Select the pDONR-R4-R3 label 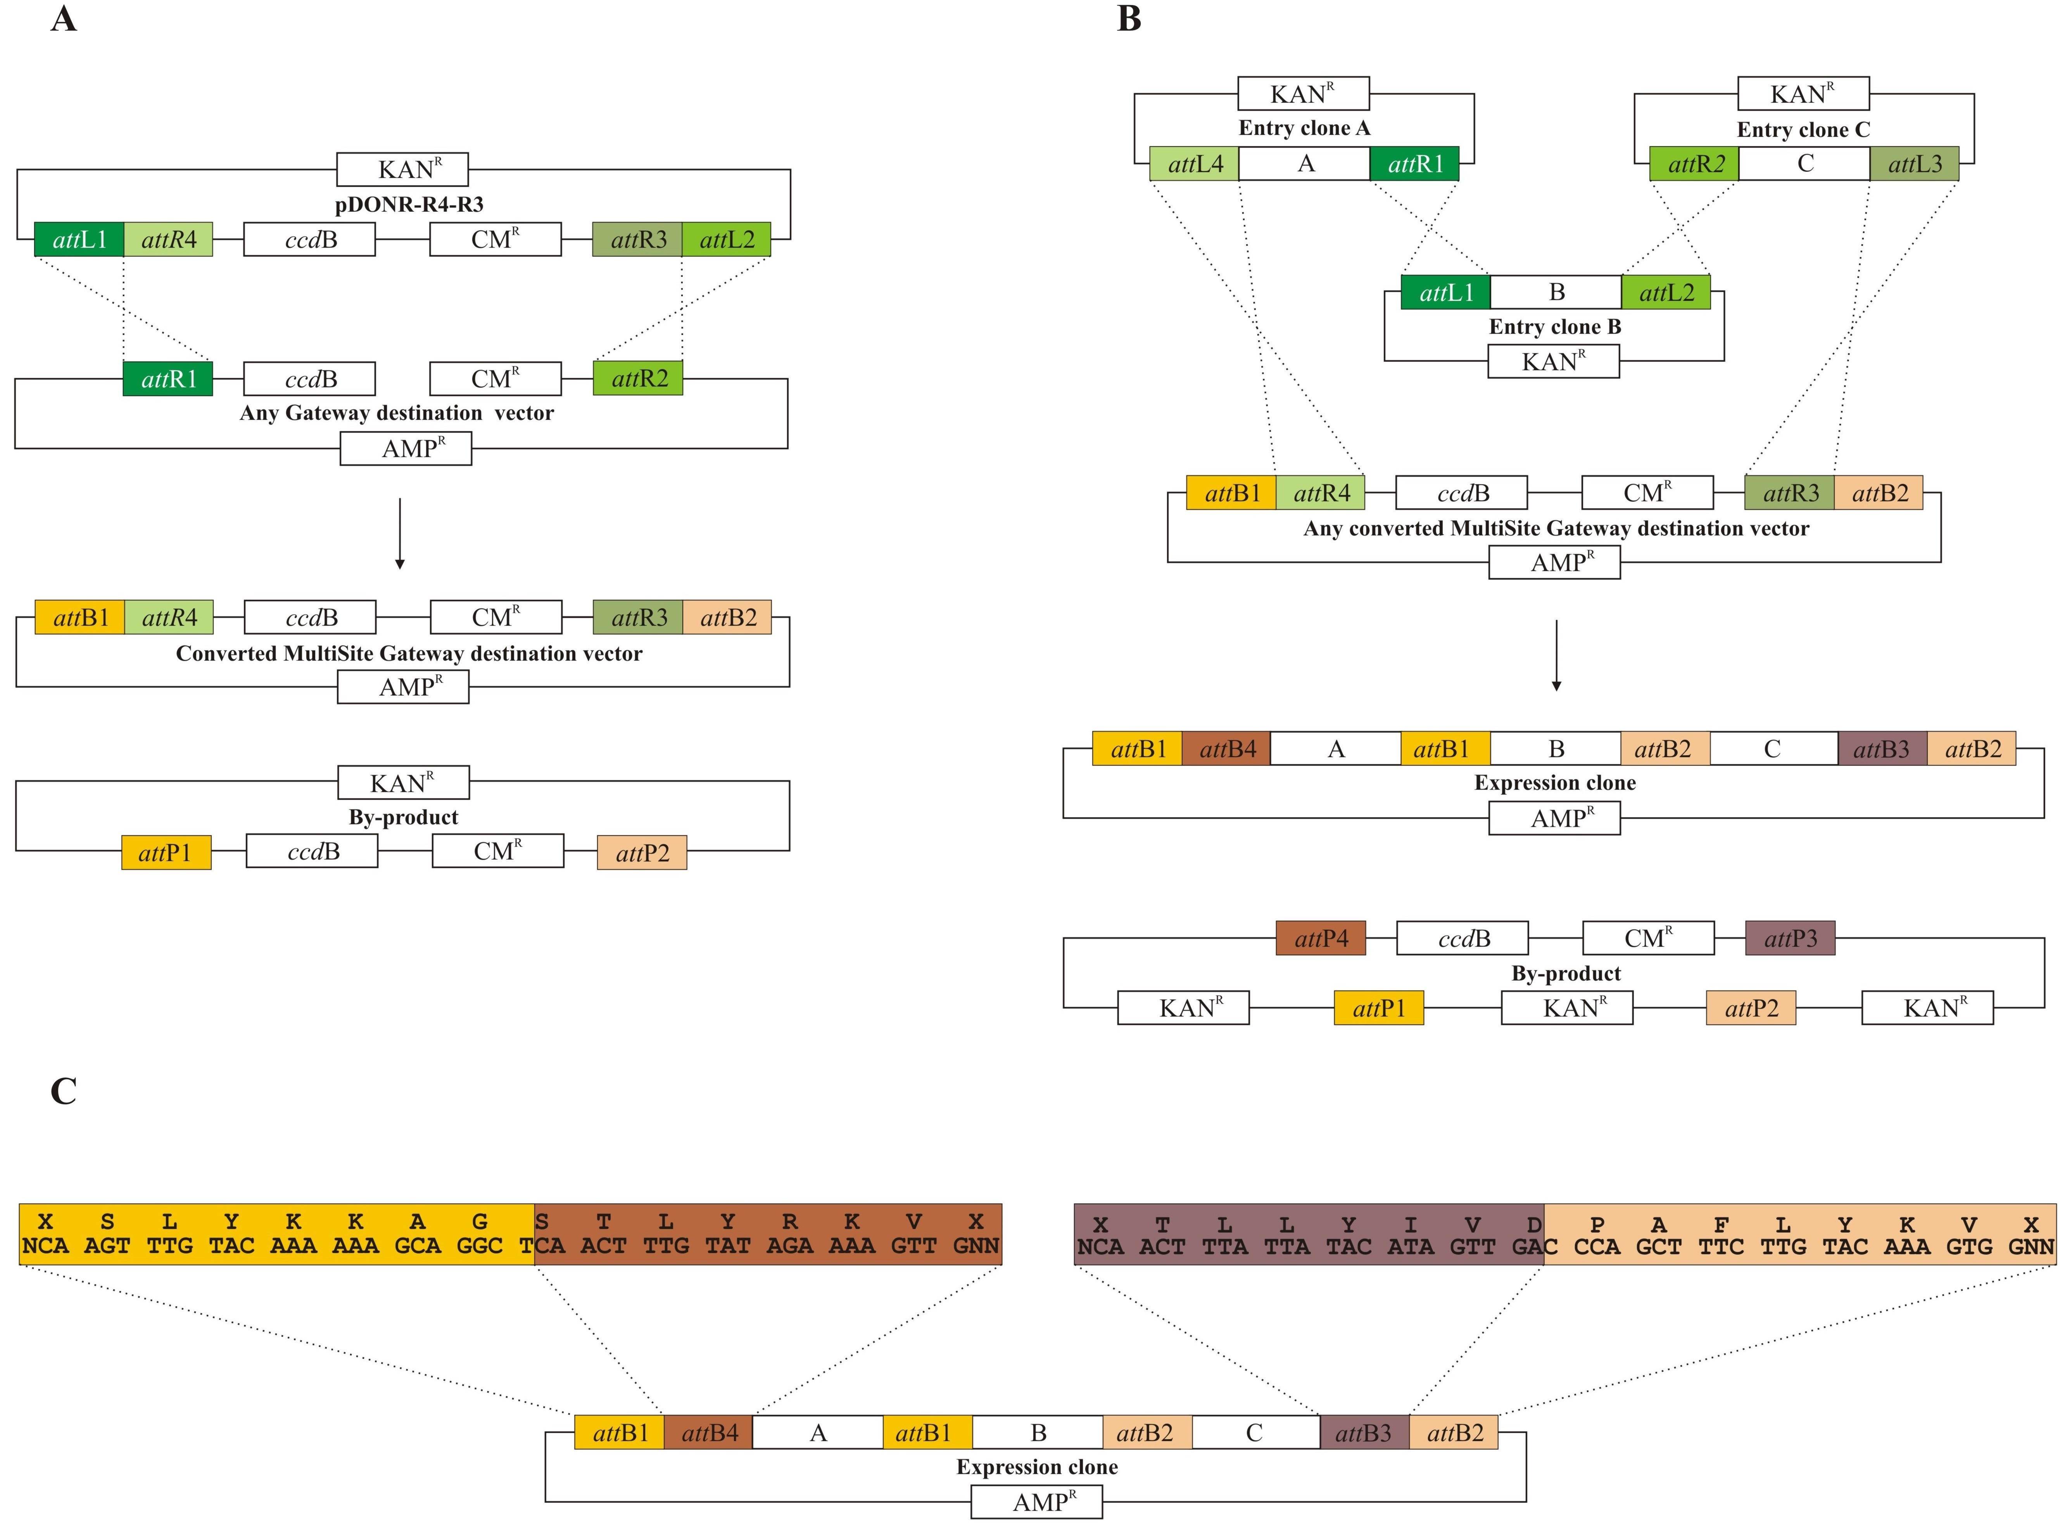click(409, 204)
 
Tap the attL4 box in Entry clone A click(1194, 164)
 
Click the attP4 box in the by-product click(1321, 939)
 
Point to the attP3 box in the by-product click(1790, 939)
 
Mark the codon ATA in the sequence click(1411, 1247)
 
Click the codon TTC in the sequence click(1721, 1247)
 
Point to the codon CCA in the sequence click(1597, 1247)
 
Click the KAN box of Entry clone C click(1803, 93)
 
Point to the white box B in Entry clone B click(1556, 292)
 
